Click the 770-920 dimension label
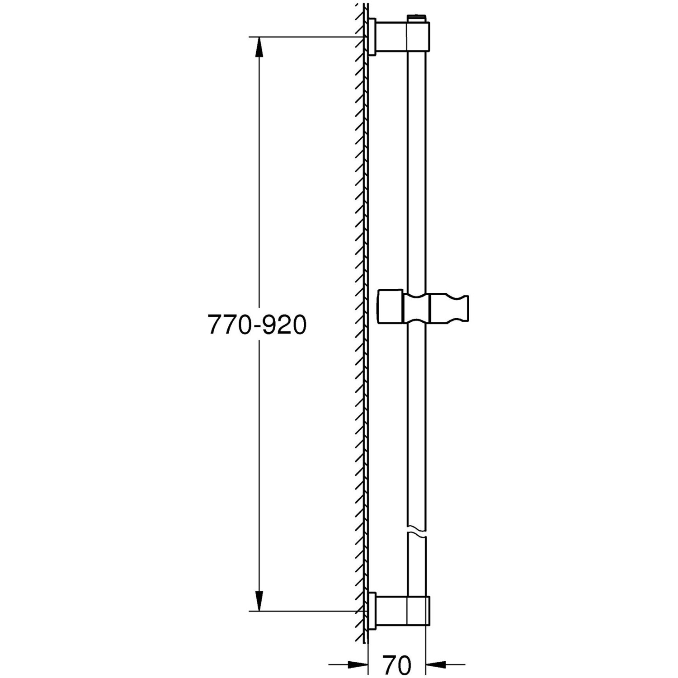(257, 325)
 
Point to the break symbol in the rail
(416, 531)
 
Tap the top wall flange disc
(372, 37)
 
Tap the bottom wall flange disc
(372, 611)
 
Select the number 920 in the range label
(284, 325)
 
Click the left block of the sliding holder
(390, 307)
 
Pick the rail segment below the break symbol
(416, 565)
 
